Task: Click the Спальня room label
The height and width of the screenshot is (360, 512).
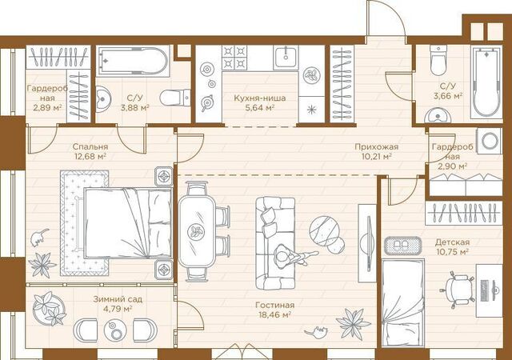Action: [x=90, y=147]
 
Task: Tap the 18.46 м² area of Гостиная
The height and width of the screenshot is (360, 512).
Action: [x=274, y=315]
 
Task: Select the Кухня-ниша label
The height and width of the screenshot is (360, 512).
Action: [x=260, y=98]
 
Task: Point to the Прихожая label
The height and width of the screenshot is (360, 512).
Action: [x=377, y=147]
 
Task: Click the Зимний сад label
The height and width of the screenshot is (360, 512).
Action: [x=118, y=299]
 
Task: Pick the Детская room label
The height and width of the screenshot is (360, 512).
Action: [x=452, y=242]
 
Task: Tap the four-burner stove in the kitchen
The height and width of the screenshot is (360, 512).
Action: [x=234, y=57]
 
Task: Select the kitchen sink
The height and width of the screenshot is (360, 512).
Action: [x=286, y=58]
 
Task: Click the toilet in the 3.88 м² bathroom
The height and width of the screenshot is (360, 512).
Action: [x=175, y=98]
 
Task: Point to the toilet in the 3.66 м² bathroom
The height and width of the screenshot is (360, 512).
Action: [x=438, y=60]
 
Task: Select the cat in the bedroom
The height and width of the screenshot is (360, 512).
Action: [x=39, y=238]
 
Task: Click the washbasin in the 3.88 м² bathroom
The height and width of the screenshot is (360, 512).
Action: [x=103, y=98]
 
